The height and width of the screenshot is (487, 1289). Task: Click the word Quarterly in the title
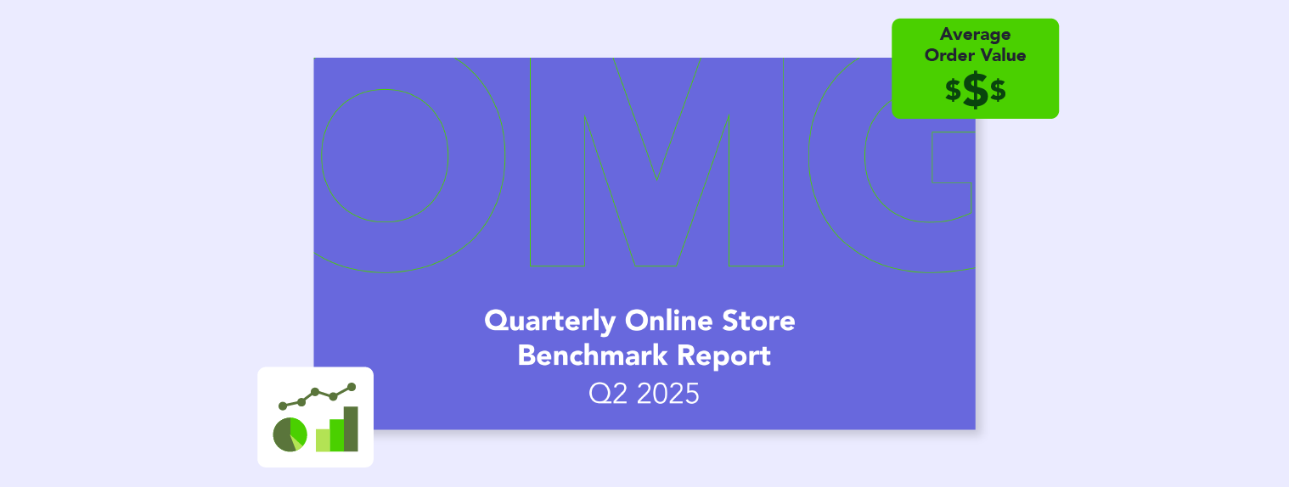click(550, 322)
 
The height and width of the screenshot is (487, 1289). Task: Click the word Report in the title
click(724, 356)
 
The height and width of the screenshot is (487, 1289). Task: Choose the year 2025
click(668, 394)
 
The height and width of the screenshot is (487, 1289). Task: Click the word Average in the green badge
click(976, 35)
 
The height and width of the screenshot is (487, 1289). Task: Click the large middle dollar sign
click(976, 90)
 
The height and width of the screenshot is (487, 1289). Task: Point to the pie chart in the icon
click(290, 434)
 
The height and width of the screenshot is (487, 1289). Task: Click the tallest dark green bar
click(351, 429)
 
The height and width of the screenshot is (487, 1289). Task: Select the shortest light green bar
click(323, 439)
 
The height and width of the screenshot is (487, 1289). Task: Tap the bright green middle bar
click(336, 435)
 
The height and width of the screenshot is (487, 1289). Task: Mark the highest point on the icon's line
click(352, 387)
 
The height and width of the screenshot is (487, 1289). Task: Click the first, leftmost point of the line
click(283, 406)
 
